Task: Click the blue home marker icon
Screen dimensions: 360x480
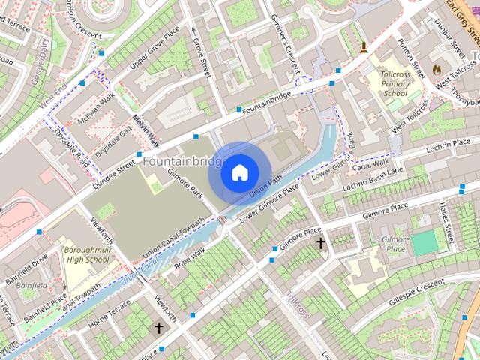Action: pos(238,173)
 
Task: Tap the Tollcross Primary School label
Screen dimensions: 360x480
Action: pos(395,84)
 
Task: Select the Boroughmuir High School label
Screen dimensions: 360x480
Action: pos(86,253)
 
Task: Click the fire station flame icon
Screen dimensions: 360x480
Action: pos(436,69)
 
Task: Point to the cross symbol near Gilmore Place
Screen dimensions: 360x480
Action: pos(321,243)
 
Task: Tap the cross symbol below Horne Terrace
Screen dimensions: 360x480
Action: pos(158,328)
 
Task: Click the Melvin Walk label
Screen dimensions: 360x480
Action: pos(145,130)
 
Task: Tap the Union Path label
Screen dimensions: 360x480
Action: pos(265,187)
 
